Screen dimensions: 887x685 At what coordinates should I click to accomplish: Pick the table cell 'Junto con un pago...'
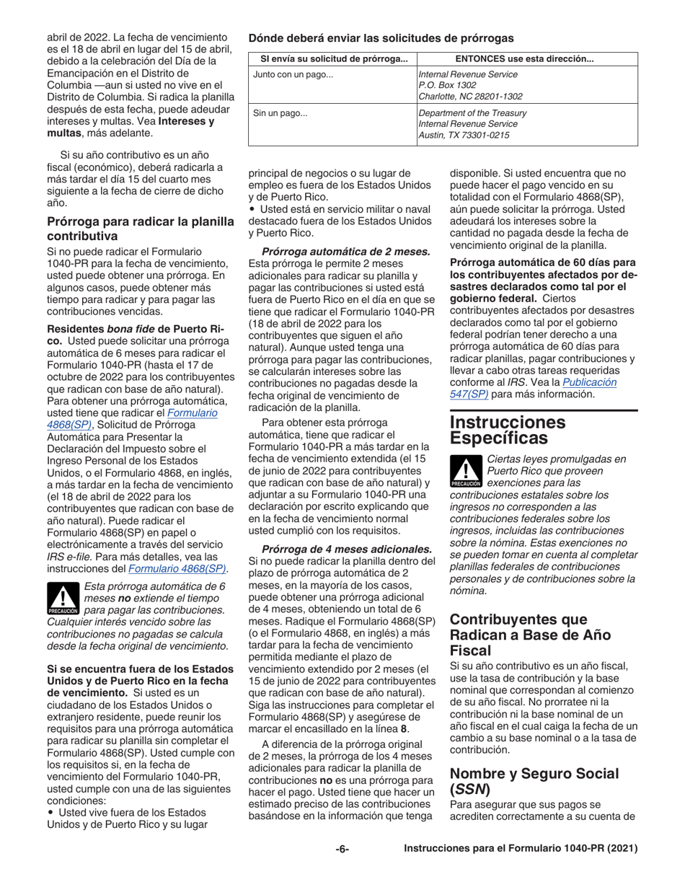(293, 74)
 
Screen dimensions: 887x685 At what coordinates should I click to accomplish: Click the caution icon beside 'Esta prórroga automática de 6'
(62, 598)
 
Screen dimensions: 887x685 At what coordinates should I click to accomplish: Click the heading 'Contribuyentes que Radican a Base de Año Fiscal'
(528, 632)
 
